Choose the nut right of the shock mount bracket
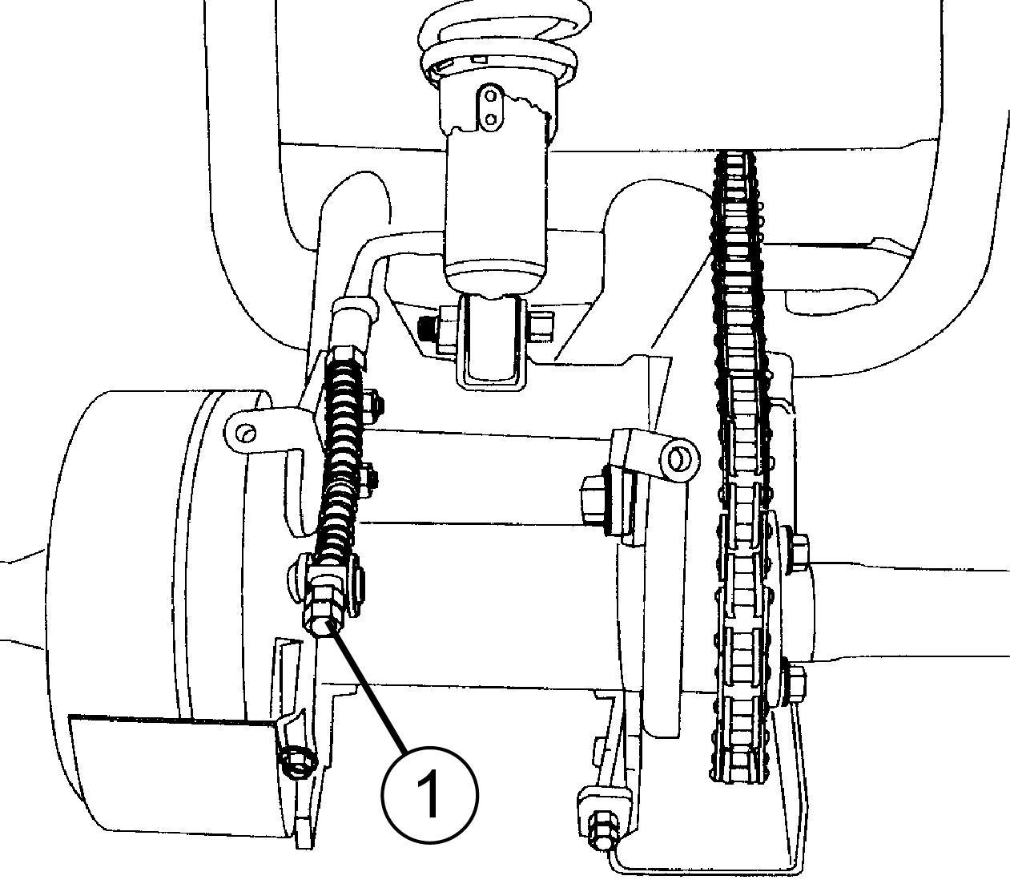(x=542, y=324)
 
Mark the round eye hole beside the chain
(x=678, y=458)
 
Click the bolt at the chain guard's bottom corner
(x=601, y=830)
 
